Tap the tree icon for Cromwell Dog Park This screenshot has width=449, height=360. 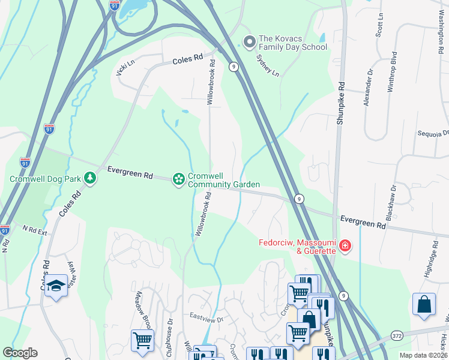(x=90, y=178)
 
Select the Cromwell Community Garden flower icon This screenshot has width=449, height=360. (x=178, y=179)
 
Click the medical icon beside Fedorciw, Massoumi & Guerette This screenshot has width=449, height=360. (x=345, y=245)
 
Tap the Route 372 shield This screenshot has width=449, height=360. (x=397, y=337)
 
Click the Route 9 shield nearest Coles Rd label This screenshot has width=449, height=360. (x=232, y=67)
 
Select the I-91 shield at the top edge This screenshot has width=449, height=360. (x=115, y=5)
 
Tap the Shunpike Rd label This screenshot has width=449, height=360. (x=340, y=103)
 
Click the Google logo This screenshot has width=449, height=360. (x=20, y=353)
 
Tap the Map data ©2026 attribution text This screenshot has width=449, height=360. (x=423, y=355)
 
